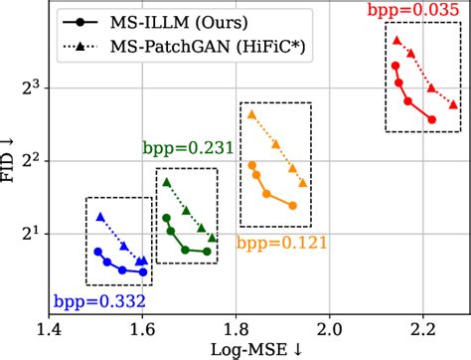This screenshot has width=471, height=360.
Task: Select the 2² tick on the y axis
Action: [30, 159]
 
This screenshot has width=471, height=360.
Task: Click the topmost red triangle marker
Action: [396, 41]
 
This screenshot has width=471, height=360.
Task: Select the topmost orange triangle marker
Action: [251, 114]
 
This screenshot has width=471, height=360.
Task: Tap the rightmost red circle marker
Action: [431, 119]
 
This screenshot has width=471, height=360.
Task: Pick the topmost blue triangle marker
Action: [99, 216]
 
